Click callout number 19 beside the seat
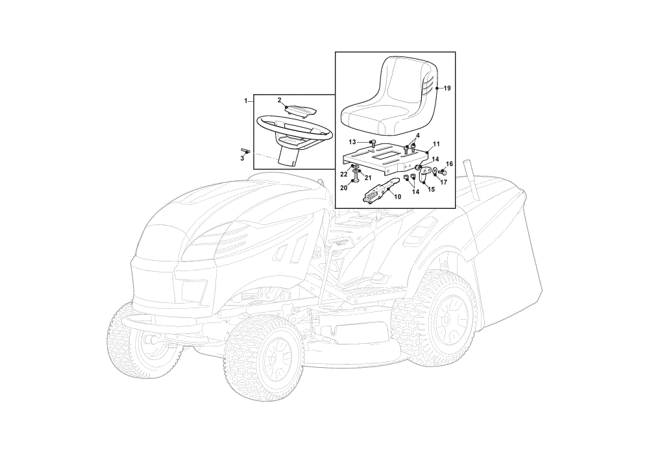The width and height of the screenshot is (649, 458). tap(447, 88)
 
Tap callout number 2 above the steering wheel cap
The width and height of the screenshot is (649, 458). tap(279, 100)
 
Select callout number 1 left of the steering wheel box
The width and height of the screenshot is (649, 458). tap(246, 101)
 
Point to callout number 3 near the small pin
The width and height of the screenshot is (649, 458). tap(242, 158)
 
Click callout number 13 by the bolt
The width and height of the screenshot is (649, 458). tap(352, 142)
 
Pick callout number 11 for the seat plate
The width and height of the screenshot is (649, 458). tap(436, 144)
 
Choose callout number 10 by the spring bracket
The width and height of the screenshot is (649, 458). tap(398, 197)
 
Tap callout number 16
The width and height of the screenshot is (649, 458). tap(450, 164)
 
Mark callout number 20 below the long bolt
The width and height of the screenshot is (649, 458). tap(343, 188)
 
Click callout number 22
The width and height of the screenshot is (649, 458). tap(343, 174)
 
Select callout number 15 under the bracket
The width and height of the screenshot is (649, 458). tap(432, 189)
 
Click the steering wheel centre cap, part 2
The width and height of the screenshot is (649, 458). tap(301, 111)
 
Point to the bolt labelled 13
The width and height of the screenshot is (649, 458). tap(372, 143)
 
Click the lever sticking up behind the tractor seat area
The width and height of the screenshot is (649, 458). tap(471, 178)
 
